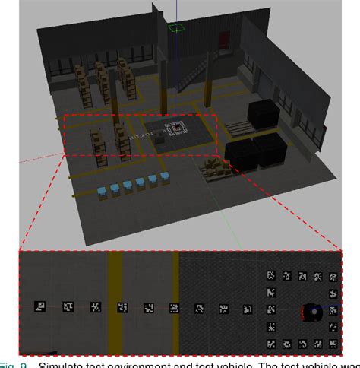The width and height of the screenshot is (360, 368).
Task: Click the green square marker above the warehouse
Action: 177,28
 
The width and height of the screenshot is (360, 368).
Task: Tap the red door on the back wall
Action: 225,40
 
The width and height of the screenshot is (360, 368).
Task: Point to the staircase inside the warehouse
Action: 194,75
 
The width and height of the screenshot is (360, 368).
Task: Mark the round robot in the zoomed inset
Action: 311,311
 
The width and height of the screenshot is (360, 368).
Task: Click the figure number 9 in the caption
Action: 24,363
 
